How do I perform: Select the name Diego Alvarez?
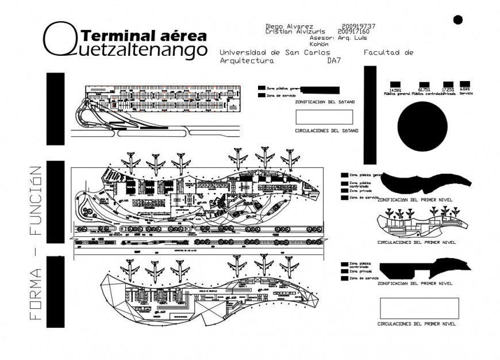pyautogui.click(x=289, y=26)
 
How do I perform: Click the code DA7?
pyautogui.click(x=334, y=60)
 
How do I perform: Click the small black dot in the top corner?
pyautogui.click(x=457, y=20)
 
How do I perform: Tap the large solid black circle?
pyautogui.click(x=422, y=128)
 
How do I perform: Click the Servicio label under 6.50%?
pyautogui.click(x=466, y=94)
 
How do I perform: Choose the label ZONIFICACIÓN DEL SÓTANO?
pyautogui.click(x=325, y=102)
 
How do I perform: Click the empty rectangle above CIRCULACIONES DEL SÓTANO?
pyautogui.click(x=324, y=117)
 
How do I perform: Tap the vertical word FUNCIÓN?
pyautogui.click(x=36, y=201)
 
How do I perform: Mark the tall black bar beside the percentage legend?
pyautogui.click(x=370, y=114)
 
